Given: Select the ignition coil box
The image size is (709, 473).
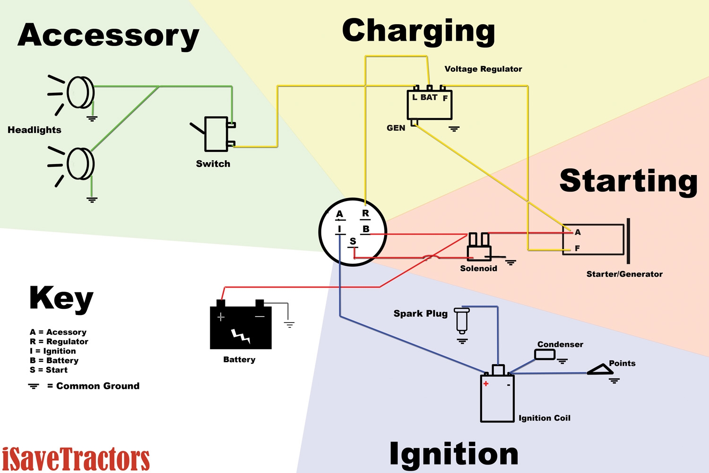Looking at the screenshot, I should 497,397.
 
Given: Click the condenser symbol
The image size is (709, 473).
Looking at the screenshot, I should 545,354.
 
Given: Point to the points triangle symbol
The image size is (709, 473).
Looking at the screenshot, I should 600,369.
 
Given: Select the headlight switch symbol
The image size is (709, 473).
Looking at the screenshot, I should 216,134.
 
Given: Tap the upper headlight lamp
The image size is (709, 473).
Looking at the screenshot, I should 80,92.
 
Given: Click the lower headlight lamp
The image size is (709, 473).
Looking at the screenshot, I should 80,164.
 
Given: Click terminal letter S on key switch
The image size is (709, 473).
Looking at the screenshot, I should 353,242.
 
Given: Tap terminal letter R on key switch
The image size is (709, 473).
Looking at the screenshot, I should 365,213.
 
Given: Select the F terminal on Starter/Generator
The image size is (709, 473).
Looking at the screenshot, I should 577,248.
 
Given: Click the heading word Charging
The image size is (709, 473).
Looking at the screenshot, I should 418,31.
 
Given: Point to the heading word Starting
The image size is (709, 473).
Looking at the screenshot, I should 628,181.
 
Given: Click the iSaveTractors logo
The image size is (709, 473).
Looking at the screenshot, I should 76,459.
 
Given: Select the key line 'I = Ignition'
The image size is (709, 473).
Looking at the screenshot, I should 52,351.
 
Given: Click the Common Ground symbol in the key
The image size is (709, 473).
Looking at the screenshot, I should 34,386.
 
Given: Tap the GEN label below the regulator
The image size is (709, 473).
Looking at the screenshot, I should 396,128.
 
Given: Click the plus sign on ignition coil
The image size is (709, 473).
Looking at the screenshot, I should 486,384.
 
